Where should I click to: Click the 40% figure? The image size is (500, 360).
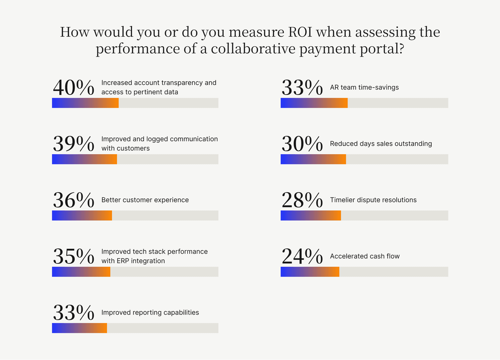coord(74,88)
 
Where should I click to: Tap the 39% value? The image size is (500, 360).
coord(74,144)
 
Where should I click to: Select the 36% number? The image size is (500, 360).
coord(74,200)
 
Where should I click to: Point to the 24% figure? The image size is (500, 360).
coord(302,256)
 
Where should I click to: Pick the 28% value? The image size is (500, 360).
coord(302,200)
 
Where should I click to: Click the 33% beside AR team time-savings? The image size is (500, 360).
coord(302,88)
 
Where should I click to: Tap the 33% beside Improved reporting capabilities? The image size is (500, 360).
coord(74,313)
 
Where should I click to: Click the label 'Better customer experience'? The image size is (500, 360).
coord(145,200)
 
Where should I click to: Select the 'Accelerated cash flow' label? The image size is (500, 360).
coord(365,256)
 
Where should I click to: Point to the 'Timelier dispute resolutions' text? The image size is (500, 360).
coord(373,200)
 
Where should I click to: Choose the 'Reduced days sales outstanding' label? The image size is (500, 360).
coord(381,144)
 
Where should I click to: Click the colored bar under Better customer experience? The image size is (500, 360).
coord(82,215)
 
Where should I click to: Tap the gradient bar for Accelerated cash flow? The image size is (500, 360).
coord(310,272)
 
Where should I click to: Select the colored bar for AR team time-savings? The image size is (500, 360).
coord(314,103)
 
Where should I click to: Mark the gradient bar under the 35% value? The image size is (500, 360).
coord(81,272)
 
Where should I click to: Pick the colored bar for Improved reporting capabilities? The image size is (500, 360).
coord(79,328)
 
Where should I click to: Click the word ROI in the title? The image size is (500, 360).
coord(300,32)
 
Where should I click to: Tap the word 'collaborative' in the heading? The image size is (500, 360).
coord(253,49)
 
